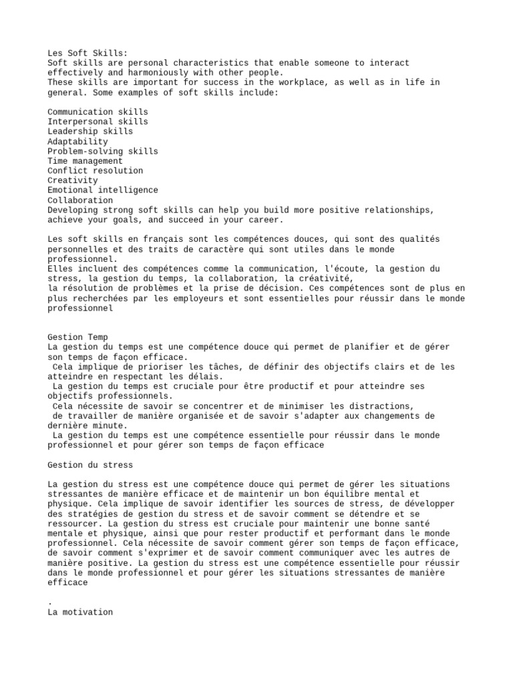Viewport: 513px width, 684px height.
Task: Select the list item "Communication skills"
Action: point(98,112)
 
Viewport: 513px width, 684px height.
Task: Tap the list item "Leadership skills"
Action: point(90,132)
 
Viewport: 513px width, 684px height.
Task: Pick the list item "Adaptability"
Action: point(77,142)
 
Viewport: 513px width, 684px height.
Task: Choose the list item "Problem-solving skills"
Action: point(103,152)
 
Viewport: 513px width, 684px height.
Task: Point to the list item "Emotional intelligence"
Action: point(103,190)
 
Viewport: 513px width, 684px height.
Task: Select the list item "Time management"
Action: point(85,161)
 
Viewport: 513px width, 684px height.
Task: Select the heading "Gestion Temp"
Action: point(77,337)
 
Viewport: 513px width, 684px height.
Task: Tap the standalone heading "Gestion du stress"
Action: point(90,464)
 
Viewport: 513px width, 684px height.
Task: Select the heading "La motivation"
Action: point(80,611)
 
